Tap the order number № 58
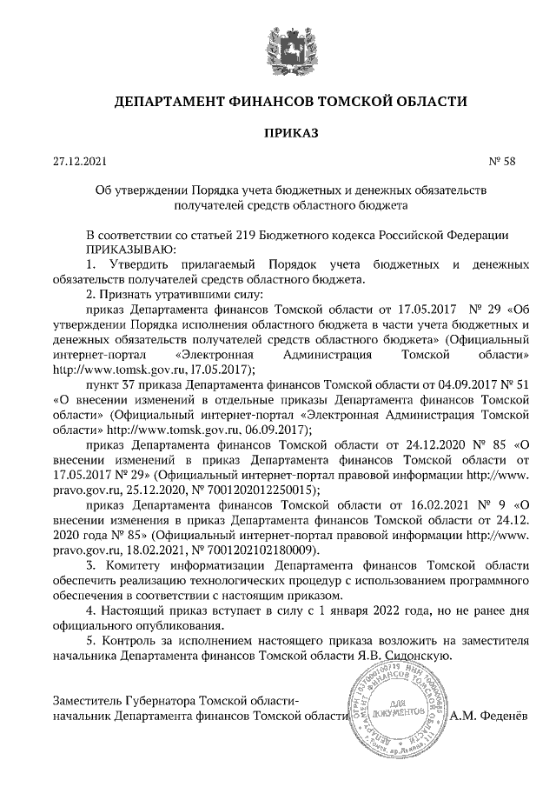(503, 163)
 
